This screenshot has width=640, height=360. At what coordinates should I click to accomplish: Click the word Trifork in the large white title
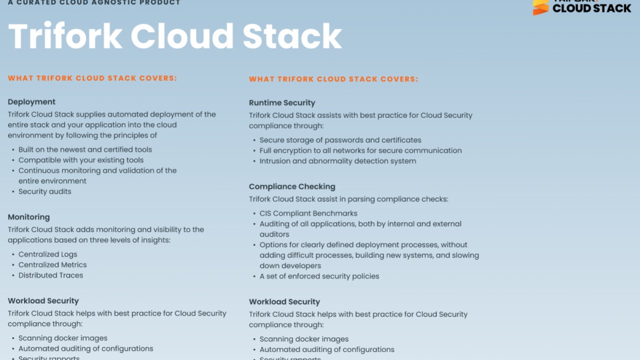(x=65, y=36)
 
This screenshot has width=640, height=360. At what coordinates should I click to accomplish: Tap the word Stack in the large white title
(x=292, y=36)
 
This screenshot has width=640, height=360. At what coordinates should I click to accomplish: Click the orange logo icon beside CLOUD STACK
(x=540, y=7)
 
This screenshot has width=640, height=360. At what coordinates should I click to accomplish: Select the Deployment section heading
(x=31, y=102)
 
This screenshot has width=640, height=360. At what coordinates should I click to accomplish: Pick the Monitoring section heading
(x=28, y=217)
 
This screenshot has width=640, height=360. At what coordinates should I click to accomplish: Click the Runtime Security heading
(x=282, y=103)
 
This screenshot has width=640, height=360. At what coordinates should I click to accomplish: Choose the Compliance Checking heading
(x=292, y=186)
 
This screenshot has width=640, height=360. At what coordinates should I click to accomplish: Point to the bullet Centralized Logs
(x=48, y=254)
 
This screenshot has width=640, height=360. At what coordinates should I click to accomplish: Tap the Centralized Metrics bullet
(x=52, y=265)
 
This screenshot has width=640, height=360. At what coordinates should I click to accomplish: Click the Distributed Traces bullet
(x=50, y=275)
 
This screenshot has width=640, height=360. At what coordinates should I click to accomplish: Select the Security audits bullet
(x=45, y=191)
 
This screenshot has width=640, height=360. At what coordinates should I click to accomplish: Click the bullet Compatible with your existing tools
(x=81, y=160)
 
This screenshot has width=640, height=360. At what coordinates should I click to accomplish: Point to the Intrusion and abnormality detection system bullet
(x=337, y=161)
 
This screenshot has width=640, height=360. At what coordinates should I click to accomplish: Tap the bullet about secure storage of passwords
(x=340, y=140)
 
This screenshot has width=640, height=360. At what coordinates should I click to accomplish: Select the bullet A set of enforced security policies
(x=319, y=276)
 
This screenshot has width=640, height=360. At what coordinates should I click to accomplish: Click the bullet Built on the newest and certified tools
(x=85, y=149)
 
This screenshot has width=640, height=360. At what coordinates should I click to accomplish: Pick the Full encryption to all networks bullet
(x=360, y=150)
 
